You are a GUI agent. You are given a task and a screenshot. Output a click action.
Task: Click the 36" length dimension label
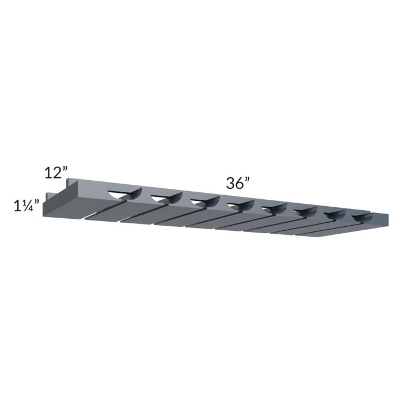tap(238, 183)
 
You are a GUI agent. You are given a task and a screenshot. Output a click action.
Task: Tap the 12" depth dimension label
tap(57, 172)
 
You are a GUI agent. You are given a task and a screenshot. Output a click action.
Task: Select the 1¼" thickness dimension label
tap(26, 205)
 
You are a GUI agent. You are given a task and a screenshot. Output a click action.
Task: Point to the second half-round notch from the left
tap(165, 199)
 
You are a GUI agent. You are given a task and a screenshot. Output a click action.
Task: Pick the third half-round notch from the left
tap(204, 202)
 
